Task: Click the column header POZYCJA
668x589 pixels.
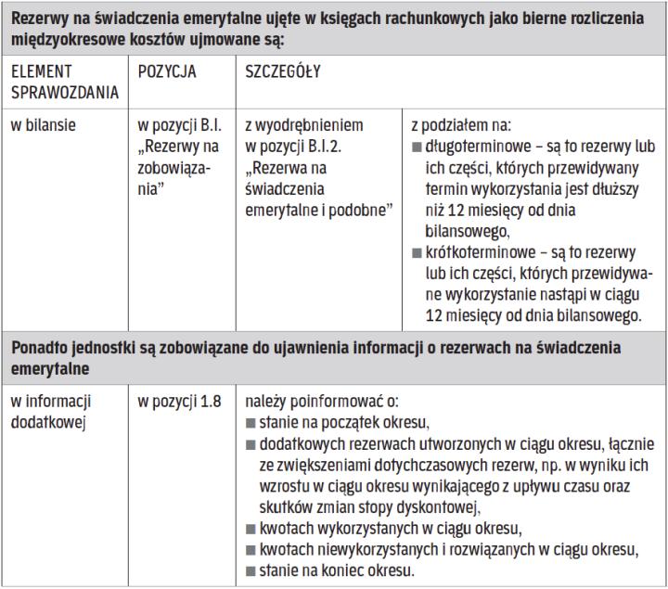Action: pos(167,71)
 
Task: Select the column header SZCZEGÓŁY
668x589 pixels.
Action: pos(284,71)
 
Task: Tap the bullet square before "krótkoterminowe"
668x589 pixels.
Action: pos(415,251)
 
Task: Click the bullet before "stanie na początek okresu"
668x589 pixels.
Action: pos(250,423)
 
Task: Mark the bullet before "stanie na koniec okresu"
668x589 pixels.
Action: pos(250,570)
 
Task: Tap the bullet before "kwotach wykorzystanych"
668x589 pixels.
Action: pos(250,529)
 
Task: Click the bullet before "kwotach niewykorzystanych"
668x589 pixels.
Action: pos(250,549)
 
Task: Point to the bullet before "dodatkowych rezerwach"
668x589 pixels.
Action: pos(250,444)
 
